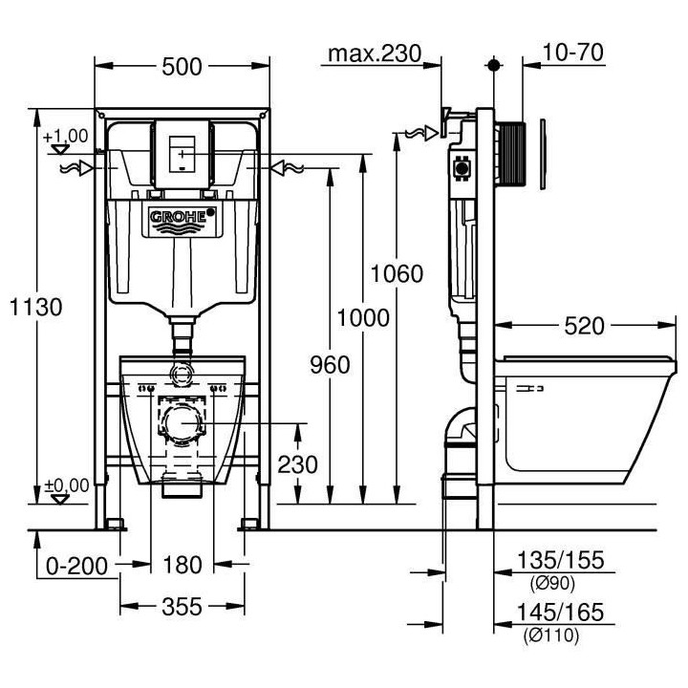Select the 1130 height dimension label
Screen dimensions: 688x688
[x=36, y=307]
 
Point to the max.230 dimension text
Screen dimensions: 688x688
[x=374, y=54]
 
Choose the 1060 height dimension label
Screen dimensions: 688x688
[x=397, y=274]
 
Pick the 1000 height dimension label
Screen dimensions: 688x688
[x=364, y=317]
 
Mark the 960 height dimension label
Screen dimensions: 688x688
[x=330, y=364]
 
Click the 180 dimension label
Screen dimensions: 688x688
[x=182, y=566]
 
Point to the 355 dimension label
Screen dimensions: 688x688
[x=182, y=606]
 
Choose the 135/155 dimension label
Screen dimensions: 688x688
[x=561, y=561]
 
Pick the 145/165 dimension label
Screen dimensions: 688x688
[x=561, y=613]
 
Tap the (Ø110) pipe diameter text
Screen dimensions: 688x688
[x=553, y=633]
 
